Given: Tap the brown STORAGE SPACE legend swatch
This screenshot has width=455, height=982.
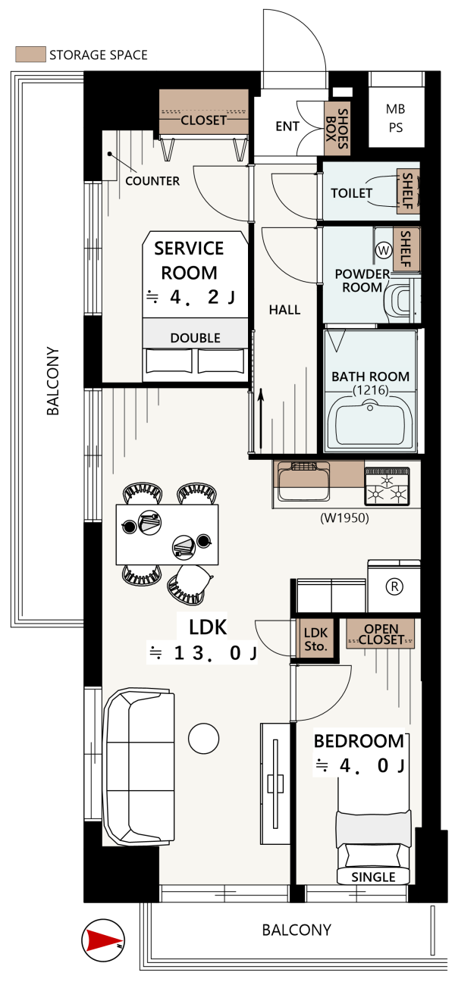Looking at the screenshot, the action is click(30, 55).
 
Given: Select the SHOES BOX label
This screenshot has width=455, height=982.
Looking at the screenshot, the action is click(337, 129).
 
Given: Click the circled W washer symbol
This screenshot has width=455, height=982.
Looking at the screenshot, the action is click(384, 250).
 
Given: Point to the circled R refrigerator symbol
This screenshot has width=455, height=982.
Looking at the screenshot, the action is click(394, 586).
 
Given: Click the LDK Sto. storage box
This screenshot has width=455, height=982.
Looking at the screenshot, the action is click(315, 638).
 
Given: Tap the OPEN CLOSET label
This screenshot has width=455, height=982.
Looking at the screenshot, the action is click(381, 634).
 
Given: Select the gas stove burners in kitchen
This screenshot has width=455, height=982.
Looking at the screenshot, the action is click(387, 486).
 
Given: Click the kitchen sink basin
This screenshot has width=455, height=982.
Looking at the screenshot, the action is click(303, 481).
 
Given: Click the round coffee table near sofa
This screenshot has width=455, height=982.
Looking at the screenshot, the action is click(203, 738).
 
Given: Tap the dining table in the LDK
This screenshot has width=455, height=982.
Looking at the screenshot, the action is click(167, 534).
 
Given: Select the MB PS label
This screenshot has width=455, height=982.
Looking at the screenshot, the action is click(395, 118).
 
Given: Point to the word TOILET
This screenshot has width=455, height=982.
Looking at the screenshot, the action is click(351, 193).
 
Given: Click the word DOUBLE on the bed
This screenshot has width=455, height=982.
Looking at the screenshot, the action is click(195, 338).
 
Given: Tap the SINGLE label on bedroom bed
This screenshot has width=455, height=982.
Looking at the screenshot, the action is click(373, 877).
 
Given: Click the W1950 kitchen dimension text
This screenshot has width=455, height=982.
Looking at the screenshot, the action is click(344, 518).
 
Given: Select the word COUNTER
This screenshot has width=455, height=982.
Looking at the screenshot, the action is click(152, 180).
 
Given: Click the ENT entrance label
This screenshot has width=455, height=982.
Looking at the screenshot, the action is click(287, 127).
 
